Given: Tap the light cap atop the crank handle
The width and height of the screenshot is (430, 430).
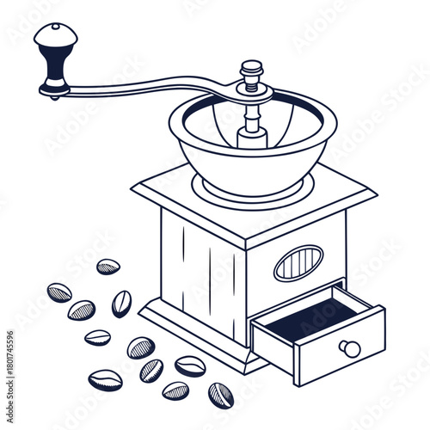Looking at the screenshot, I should point(55,35).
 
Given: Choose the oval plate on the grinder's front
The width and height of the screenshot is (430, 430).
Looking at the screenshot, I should point(298,262).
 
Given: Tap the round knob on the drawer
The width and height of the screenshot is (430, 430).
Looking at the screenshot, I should point(349,348).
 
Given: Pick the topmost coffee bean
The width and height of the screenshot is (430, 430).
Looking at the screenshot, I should point(108,267).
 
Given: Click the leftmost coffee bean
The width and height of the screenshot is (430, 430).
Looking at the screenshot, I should point(58,292).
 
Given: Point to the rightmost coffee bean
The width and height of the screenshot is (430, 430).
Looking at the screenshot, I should point(220,395).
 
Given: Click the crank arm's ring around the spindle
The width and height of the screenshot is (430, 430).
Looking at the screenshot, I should point(253,92).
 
